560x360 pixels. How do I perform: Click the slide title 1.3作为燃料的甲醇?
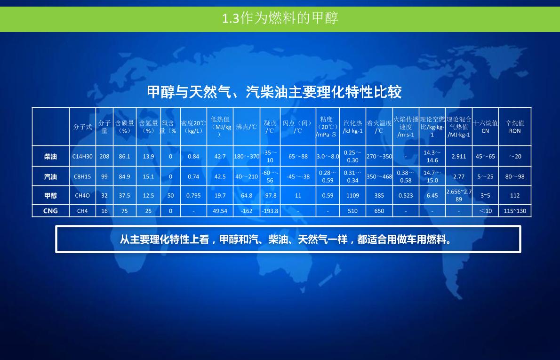coord(280,18)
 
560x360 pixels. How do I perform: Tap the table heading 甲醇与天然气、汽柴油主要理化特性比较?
coord(274,92)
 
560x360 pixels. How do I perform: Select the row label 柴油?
coord(50,156)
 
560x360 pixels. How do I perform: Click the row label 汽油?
coord(50,176)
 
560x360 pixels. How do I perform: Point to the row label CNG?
coord(50,211)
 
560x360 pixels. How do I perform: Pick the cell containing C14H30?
coord(82,156)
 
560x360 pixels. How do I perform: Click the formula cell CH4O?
coord(82,196)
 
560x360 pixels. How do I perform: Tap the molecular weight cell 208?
coord(104,156)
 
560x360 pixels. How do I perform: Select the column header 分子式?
coord(82,127)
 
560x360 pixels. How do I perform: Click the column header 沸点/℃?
coord(247,127)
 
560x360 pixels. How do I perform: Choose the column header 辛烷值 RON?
coord(515,127)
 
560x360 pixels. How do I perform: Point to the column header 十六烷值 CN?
coord(485,127)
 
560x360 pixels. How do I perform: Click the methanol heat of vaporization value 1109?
coord(352,196)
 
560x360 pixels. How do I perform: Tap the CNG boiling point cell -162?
coord(247,211)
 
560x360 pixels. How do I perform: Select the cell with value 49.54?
coord(220,211)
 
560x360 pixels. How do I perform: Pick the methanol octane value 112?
coord(515,196)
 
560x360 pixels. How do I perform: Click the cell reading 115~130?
coord(515,211)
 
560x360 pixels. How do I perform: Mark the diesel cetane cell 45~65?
coord(485,156)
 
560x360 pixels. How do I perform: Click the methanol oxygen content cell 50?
coord(170,196)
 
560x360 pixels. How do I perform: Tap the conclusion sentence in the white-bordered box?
coord(286,239)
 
